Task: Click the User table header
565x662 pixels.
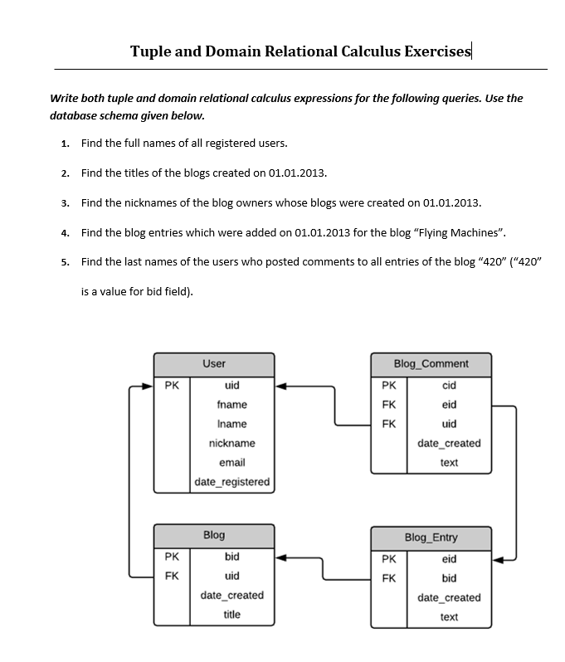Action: click(x=214, y=363)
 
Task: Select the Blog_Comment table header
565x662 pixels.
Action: click(x=431, y=363)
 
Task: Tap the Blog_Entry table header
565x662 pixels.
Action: click(x=431, y=538)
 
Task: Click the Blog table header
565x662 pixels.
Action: click(x=214, y=535)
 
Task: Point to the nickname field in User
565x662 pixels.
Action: click(x=232, y=444)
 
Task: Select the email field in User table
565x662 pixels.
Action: click(x=232, y=463)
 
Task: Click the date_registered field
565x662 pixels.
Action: click(x=232, y=482)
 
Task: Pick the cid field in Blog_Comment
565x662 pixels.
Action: click(x=449, y=386)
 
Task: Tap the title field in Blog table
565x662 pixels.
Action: click(x=232, y=615)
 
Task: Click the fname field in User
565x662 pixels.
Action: click(x=232, y=405)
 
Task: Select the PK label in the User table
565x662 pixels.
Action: click(x=172, y=386)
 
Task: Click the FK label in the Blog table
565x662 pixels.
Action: click(x=172, y=576)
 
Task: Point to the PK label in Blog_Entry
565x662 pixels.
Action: click(x=388, y=559)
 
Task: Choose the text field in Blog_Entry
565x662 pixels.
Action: click(x=449, y=617)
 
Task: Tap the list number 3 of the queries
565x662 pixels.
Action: click(x=65, y=203)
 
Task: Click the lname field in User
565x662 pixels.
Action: click(x=232, y=424)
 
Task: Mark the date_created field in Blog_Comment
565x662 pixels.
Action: click(x=449, y=444)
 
